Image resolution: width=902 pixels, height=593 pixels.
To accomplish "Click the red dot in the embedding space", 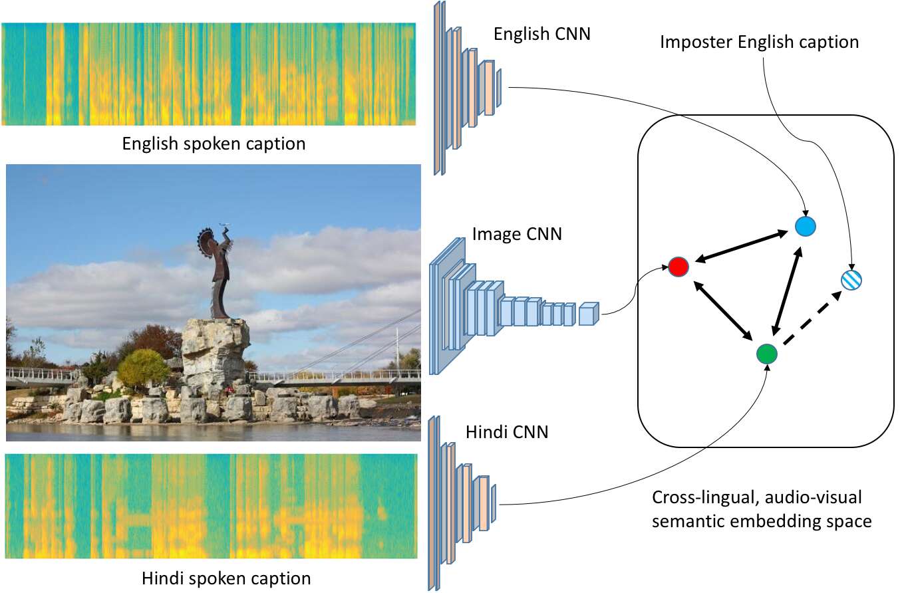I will (x=678, y=267).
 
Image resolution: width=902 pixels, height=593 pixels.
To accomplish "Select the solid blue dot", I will (x=806, y=227).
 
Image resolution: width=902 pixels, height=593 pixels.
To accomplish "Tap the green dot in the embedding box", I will (x=767, y=353).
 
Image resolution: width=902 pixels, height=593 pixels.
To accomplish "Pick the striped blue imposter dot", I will (x=851, y=280).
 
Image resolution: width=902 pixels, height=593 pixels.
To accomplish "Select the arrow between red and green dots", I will (x=723, y=310).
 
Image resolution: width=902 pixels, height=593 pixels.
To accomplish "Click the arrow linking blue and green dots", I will (x=786, y=290).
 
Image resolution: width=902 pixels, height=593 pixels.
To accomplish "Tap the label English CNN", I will (x=541, y=34).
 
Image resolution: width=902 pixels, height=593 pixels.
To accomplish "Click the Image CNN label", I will (x=517, y=234).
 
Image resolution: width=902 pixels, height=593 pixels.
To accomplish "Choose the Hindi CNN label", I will (x=508, y=432).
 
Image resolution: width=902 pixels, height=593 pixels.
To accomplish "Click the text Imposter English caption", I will (x=759, y=43).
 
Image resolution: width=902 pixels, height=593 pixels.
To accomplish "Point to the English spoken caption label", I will (x=214, y=144).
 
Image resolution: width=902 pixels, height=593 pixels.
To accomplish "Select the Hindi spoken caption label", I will (x=226, y=578).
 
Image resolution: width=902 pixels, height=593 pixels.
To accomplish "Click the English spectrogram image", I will (x=209, y=74).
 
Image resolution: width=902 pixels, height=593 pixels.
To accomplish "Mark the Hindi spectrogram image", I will (x=212, y=507).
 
